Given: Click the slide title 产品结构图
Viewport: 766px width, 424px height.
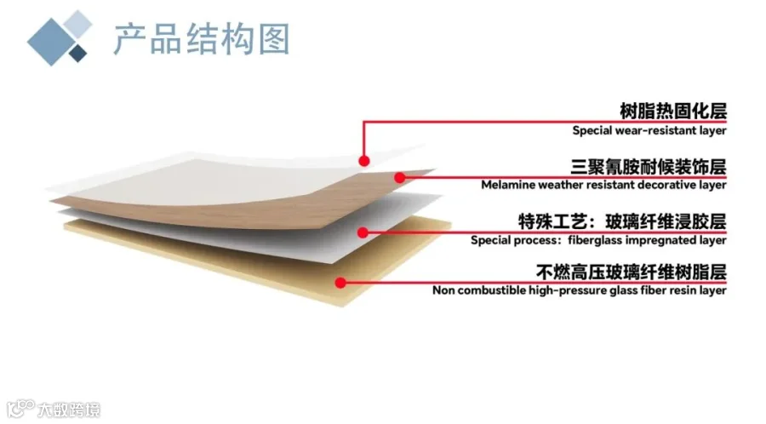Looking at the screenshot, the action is click(x=201, y=38).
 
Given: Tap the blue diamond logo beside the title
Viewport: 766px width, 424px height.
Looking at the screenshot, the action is click(x=58, y=37).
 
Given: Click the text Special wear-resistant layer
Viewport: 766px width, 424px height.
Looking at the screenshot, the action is click(x=649, y=130).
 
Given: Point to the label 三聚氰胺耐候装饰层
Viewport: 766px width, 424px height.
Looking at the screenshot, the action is click(x=648, y=164).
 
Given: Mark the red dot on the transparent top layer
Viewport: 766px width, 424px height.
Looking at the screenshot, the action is click(x=363, y=160).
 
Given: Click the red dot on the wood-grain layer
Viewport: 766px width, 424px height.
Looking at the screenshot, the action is click(x=399, y=176).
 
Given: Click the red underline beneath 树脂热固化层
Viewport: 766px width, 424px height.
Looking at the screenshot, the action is click(x=545, y=122).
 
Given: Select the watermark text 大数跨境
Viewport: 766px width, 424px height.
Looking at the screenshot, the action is click(x=69, y=410).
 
